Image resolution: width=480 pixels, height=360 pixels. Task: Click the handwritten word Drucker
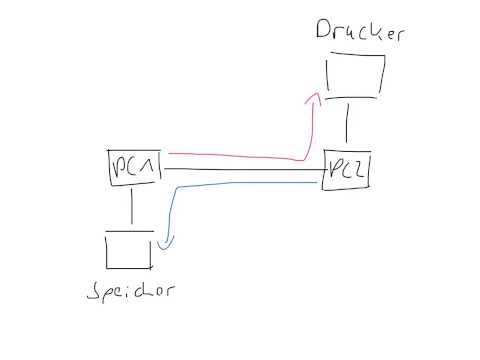(x=348, y=30)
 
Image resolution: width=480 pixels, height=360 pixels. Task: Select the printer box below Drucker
(x=354, y=78)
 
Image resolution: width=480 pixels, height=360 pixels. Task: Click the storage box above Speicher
(x=129, y=250)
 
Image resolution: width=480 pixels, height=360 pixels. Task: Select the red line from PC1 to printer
(x=240, y=157)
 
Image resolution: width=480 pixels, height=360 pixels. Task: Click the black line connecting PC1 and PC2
(x=245, y=171)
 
